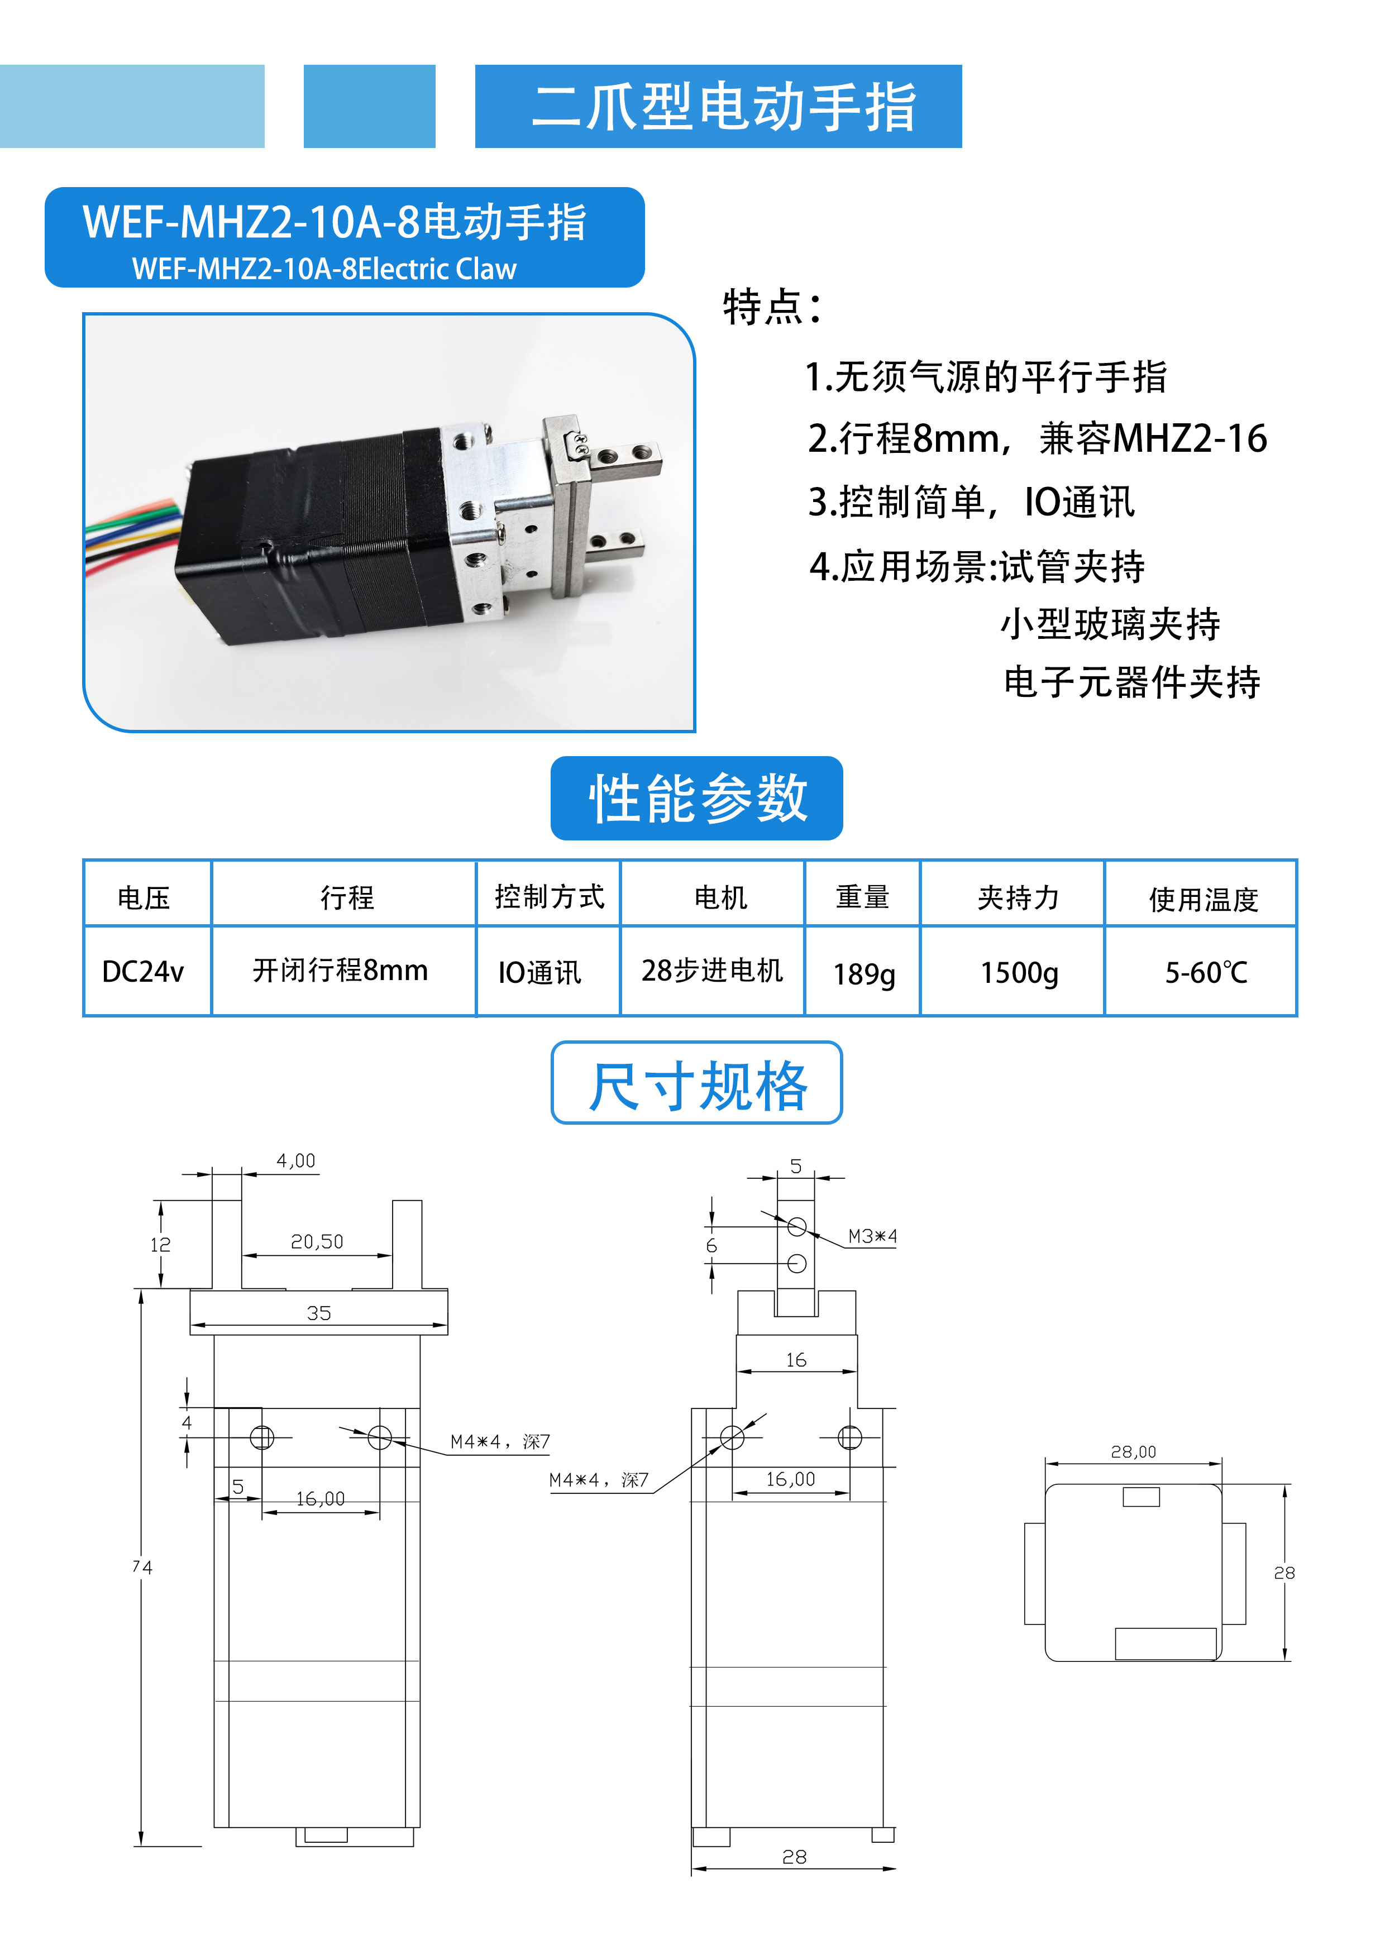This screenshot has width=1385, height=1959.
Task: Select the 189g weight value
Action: point(863,973)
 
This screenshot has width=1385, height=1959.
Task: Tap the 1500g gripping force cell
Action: point(1019,972)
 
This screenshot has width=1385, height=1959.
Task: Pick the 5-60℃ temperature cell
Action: point(1206,972)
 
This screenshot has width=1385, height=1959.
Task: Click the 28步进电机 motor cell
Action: point(711,970)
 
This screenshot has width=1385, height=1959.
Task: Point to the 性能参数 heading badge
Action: point(696,798)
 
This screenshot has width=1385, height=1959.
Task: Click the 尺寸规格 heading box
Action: point(696,1083)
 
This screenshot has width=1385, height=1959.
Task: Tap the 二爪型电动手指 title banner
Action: point(719,107)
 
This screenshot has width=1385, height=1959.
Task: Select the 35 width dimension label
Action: point(318,1313)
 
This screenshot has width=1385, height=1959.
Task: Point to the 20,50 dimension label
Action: point(317,1241)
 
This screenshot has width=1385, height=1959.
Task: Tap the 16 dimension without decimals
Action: point(795,1360)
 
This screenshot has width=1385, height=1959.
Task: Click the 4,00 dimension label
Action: point(295,1160)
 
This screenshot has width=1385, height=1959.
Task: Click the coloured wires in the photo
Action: point(128,538)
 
